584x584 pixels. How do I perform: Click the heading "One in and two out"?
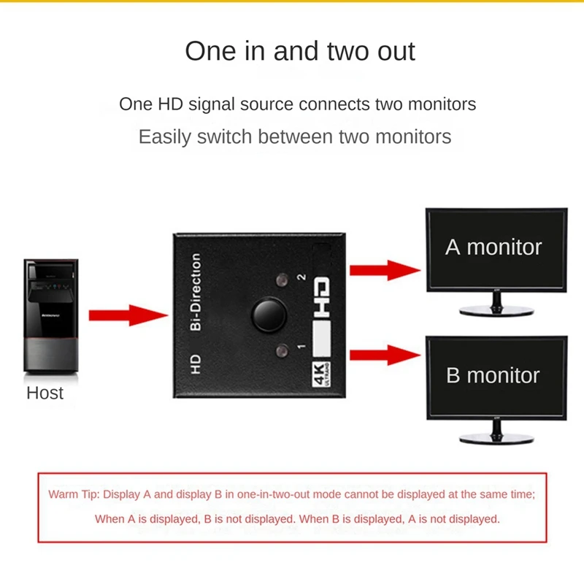click(x=300, y=51)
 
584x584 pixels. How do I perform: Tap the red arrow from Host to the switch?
click(x=128, y=315)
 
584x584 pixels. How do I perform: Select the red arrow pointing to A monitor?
click(x=385, y=270)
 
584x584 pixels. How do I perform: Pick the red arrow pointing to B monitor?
click(x=385, y=355)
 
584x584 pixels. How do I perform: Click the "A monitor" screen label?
click(x=493, y=247)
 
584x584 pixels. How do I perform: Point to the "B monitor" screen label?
click(x=493, y=375)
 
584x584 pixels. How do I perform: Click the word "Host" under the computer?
click(x=45, y=393)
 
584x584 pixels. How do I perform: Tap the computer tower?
click(x=51, y=316)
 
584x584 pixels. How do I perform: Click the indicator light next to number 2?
click(x=282, y=280)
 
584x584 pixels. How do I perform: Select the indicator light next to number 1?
click(x=282, y=351)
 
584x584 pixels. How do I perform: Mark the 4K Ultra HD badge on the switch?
click(x=321, y=374)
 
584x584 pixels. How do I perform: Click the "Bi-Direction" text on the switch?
click(x=195, y=292)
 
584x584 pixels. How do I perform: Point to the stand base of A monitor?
click(x=496, y=310)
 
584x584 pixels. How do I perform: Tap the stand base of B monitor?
click(x=496, y=439)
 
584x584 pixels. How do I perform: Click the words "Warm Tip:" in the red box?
click(x=74, y=494)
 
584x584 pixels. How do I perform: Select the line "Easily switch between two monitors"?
click(x=295, y=137)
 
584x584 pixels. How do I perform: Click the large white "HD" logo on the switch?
click(x=321, y=297)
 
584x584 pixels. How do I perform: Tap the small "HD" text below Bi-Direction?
click(x=196, y=364)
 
